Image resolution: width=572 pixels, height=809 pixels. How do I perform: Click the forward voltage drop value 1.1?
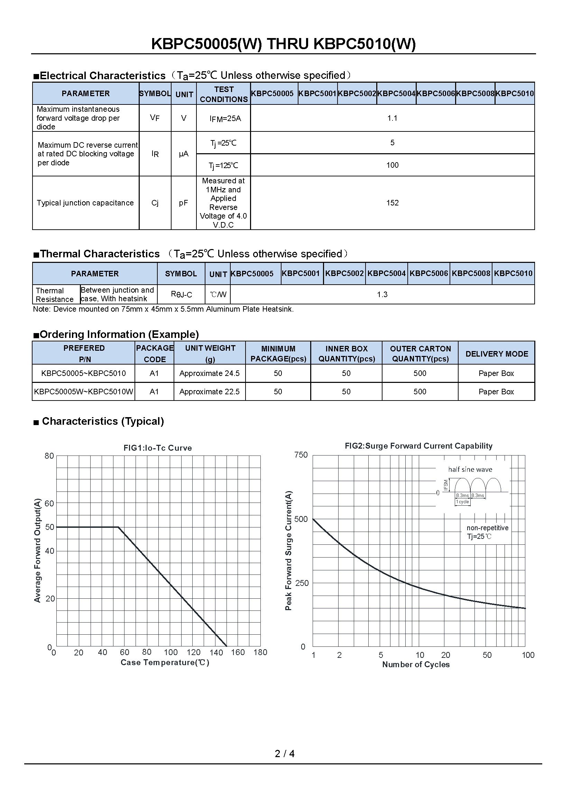(x=392, y=118)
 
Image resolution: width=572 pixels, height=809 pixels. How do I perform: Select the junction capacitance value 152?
(x=392, y=203)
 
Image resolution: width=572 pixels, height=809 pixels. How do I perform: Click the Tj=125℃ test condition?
(x=223, y=165)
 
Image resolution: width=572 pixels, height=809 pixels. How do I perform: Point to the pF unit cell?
(x=184, y=203)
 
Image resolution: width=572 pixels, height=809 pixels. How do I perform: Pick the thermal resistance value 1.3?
(x=382, y=295)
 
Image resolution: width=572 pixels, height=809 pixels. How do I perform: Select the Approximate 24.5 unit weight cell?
(x=209, y=374)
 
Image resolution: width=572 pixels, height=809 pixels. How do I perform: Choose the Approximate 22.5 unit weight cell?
(x=209, y=392)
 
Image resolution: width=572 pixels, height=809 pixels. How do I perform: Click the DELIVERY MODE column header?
(x=497, y=354)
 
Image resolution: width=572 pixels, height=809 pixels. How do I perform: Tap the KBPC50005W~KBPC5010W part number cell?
(x=83, y=392)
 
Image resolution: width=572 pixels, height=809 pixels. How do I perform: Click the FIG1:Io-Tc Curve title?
(x=157, y=448)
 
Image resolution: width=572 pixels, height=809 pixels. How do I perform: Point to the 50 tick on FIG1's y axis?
(x=50, y=527)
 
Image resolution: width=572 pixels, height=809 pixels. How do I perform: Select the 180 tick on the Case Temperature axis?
(x=260, y=653)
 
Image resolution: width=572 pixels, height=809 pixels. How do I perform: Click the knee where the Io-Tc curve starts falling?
(x=118, y=527)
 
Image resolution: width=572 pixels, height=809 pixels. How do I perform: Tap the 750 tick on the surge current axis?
(x=301, y=455)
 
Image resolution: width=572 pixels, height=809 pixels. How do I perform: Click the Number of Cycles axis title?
(x=416, y=664)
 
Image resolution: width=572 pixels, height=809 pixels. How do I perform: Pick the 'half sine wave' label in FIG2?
(x=470, y=469)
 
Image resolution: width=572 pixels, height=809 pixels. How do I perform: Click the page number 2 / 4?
(x=285, y=754)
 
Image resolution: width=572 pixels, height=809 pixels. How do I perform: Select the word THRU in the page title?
(x=287, y=44)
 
